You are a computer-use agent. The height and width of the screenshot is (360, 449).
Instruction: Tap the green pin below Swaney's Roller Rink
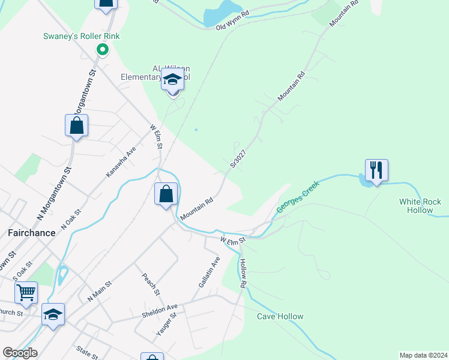[x=102, y=50]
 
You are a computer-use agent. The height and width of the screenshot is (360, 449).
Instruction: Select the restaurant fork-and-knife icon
[x=376, y=170]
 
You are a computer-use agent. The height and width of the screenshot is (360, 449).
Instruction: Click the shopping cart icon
[x=26, y=292]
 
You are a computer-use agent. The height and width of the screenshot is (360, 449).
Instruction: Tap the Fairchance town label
[x=31, y=231]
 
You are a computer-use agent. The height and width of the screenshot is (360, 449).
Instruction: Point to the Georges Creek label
[x=298, y=196]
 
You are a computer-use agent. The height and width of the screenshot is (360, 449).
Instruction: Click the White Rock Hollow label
[x=420, y=206]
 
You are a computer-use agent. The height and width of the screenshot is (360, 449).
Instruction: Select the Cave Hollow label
[x=280, y=316]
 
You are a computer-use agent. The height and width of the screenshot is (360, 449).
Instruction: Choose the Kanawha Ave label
[x=121, y=161]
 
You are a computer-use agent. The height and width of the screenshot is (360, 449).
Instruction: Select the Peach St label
[x=150, y=284]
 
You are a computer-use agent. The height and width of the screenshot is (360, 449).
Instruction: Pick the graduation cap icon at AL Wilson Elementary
[x=172, y=79]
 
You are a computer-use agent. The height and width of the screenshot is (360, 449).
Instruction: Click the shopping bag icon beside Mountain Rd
[x=166, y=194]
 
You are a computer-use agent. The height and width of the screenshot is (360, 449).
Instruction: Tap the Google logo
[x=20, y=352]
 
